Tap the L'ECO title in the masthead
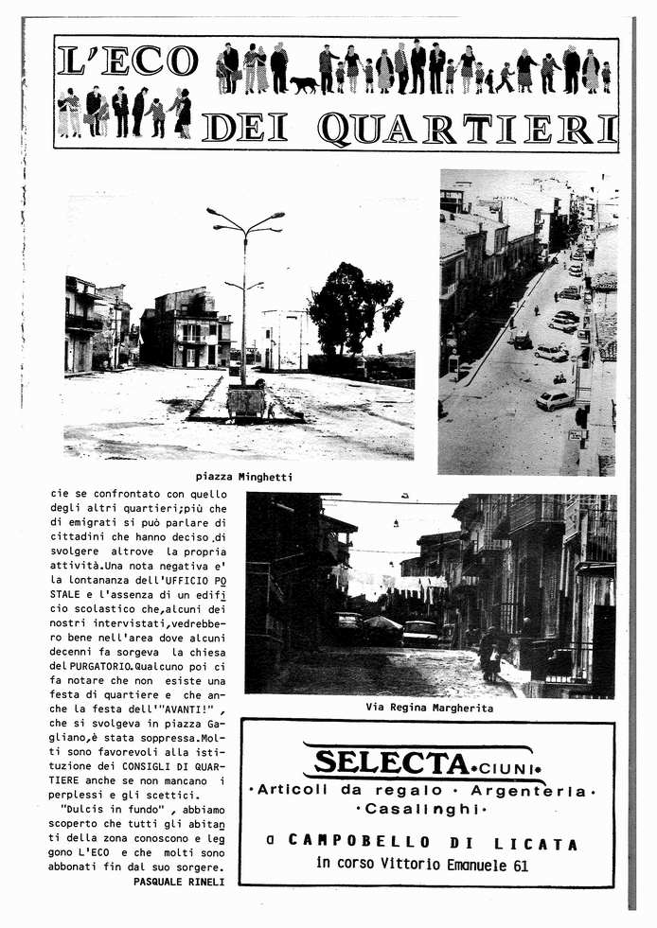[x=127, y=61]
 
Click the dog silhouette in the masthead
[x=304, y=84]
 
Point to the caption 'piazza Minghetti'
[x=243, y=477]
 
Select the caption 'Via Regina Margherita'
[x=429, y=707]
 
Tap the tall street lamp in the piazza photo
[x=245, y=284]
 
